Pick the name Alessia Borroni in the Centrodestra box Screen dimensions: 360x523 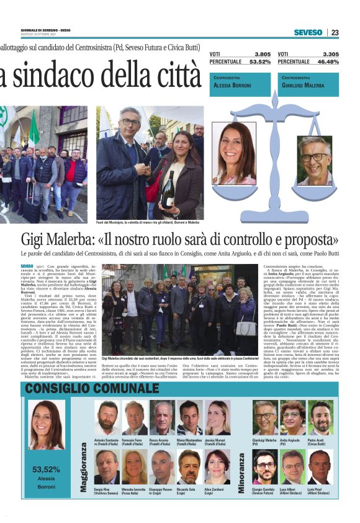coord(232,85)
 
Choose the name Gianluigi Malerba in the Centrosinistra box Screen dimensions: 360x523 coord(303,85)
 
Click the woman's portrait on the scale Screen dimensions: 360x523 coord(233,152)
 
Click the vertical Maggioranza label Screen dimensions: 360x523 coord(83,466)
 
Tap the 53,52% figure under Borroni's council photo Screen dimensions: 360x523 coord(46,469)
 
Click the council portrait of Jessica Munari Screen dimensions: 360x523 coord(217,418)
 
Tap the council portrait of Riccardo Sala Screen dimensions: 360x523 coord(189,466)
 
